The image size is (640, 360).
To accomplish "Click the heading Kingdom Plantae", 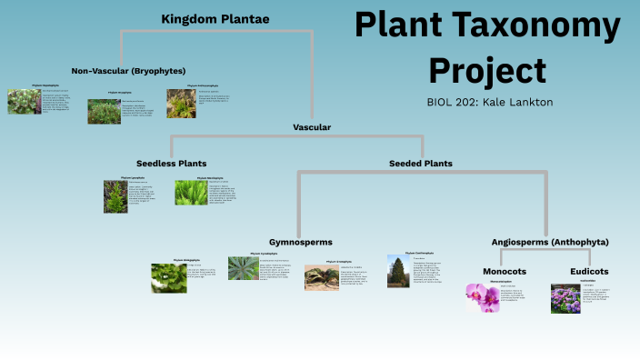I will click(215, 18).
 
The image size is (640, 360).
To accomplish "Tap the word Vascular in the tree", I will click(312, 127).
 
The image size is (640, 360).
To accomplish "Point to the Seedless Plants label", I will click(171, 164).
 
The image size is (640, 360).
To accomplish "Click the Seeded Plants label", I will click(421, 164).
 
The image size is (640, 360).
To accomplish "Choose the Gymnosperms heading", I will click(300, 242).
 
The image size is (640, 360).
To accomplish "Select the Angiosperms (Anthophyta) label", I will click(550, 242).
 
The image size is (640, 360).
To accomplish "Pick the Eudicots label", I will click(589, 271).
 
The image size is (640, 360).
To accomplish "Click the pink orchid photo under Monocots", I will click(483, 298).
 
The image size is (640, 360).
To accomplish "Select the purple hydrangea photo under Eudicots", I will click(565, 299).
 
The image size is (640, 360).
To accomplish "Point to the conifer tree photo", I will click(396, 272).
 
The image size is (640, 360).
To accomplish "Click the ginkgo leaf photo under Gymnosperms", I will click(168, 277).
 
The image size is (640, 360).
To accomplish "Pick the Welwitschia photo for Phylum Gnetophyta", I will click(321, 276).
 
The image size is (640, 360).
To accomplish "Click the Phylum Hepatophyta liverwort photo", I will click(24, 101).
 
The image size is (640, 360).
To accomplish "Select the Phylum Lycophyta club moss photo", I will click(115, 195).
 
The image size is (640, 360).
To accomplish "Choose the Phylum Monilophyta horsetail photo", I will click(191, 192).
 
